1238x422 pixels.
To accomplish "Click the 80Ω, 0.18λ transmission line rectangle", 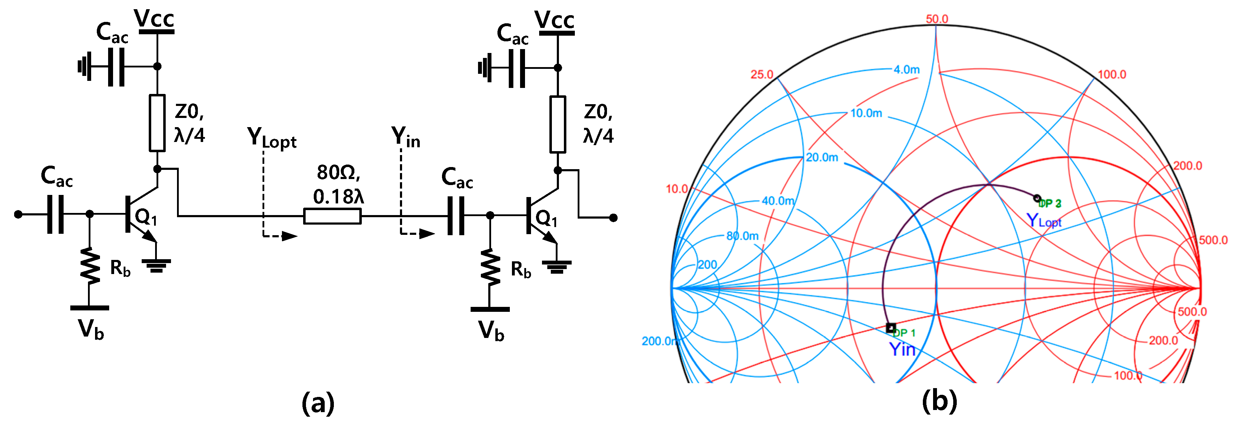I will [332, 216].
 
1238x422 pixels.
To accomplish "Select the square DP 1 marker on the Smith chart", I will [891, 328].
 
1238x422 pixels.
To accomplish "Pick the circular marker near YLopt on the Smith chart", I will [1037, 198].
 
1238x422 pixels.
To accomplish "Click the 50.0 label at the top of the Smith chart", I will [937, 19].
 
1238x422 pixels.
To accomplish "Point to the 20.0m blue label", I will [822, 157].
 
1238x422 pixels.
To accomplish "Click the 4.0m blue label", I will [906, 70].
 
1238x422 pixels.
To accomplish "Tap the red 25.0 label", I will [762, 75].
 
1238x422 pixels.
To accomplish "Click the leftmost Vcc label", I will [154, 19].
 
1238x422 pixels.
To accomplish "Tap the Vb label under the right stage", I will [491, 331].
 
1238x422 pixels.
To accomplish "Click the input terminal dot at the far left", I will [18, 214].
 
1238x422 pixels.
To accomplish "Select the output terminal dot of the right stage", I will [613, 218].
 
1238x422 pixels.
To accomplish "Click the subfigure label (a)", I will [318, 402].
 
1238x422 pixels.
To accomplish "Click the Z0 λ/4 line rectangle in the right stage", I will [558, 124].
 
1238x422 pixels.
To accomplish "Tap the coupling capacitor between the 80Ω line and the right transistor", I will [456, 216].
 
